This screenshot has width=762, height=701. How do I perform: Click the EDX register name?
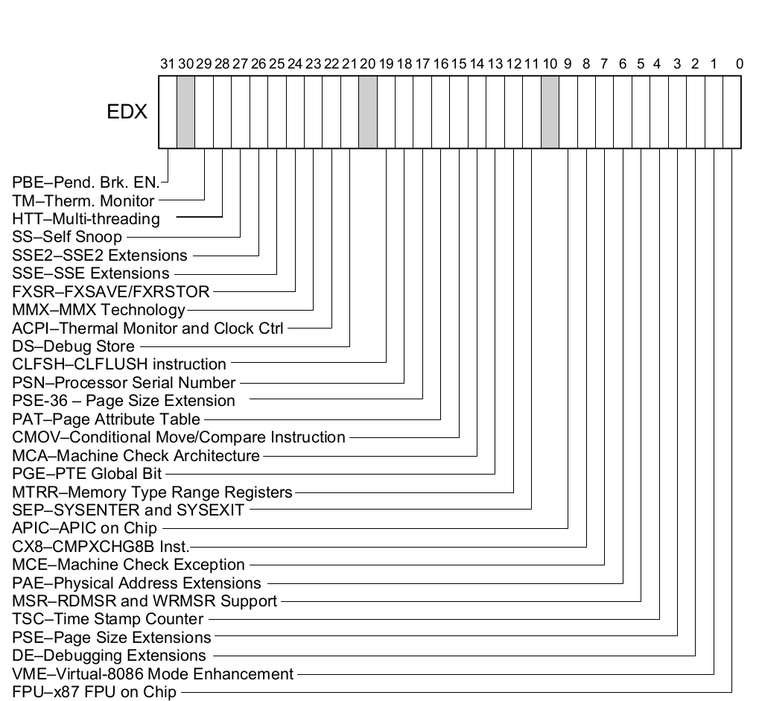click(127, 112)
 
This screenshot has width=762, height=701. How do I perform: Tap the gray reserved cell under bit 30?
click(185, 112)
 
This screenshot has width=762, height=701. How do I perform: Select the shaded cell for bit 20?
click(367, 112)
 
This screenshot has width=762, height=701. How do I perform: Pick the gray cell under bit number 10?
click(550, 112)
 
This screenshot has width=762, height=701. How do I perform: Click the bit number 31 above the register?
click(168, 63)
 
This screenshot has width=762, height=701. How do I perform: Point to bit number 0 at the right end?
click(739, 63)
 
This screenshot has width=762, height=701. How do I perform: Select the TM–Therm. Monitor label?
click(83, 200)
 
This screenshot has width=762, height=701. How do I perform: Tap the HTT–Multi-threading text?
click(86, 219)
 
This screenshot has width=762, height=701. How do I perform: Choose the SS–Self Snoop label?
click(67, 238)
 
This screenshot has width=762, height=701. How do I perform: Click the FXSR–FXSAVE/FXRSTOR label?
click(111, 291)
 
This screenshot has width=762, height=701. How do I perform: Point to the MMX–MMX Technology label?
click(98, 309)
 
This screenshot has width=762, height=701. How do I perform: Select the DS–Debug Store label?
click(74, 346)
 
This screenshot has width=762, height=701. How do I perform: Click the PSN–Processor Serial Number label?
click(124, 383)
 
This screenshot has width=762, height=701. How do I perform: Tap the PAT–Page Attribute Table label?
click(107, 419)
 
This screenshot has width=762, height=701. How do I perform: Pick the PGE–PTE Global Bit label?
click(87, 473)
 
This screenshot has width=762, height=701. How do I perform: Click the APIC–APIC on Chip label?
click(85, 528)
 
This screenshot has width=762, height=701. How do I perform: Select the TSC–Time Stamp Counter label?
click(108, 619)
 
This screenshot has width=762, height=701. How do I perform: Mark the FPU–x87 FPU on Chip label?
click(95, 693)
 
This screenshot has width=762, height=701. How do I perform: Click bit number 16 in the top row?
click(440, 63)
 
